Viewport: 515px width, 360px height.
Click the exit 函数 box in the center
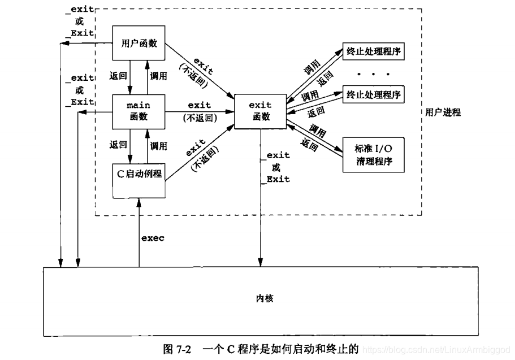tap(259, 111)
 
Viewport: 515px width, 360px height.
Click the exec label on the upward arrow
tap(153, 238)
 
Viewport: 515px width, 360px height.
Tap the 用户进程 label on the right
tap(444, 112)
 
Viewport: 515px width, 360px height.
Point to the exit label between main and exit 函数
tap(199, 105)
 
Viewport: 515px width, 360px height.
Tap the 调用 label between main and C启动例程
tap(159, 145)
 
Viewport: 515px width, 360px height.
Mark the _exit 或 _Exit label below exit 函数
tap(276, 167)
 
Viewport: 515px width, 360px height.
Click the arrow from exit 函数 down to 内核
tap(260, 215)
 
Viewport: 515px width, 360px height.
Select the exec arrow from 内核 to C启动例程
tap(138, 237)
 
